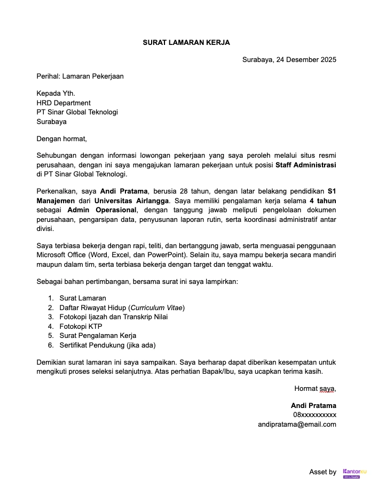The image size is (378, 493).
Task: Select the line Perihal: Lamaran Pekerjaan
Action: [80, 76]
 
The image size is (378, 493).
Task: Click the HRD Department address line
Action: [64, 103]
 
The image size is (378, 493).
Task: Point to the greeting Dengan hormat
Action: [61, 138]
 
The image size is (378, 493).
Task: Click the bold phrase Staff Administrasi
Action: [305, 165]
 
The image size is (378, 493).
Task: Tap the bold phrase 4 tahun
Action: [322, 201]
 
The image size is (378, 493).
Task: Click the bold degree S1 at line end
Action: [332, 191]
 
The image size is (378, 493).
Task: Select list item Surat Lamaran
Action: [82, 298]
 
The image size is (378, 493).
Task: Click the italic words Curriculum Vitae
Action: [156, 307]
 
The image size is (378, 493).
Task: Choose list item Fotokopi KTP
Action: [81, 326]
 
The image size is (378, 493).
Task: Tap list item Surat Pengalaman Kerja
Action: [98, 335]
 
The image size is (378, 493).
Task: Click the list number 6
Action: [50, 345]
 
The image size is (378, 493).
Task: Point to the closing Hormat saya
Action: [315, 388]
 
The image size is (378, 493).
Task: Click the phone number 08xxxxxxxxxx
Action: [314, 414]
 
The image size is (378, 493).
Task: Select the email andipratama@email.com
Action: [297, 424]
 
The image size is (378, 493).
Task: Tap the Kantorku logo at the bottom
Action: [355, 472]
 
